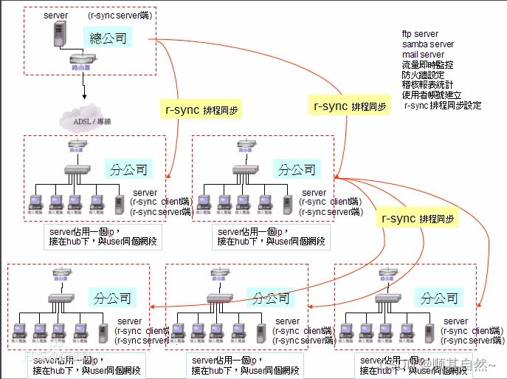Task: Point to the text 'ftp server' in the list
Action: tap(420, 34)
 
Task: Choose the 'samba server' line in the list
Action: tap(427, 44)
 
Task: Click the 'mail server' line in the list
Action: tap(423, 55)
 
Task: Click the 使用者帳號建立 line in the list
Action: tap(432, 95)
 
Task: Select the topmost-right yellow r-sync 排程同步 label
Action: tap(350, 106)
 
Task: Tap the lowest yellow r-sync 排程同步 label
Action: tap(417, 219)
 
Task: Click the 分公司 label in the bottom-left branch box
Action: tap(113, 298)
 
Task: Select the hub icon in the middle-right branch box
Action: tap(244, 170)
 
